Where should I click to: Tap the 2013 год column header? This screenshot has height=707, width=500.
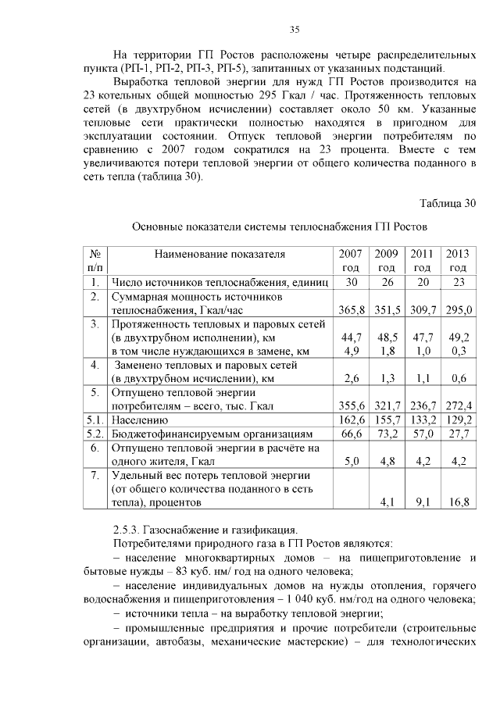pyautogui.click(x=458, y=260)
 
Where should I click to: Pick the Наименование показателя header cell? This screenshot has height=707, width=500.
pyautogui.click(x=220, y=254)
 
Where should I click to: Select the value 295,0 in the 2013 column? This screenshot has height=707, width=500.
pyautogui.click(x=458, y=311)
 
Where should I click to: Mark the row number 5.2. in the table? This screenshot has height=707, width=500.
pyautogui.click(x=95, y=434)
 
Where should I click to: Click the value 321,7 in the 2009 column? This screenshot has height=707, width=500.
pyautogui.click(x=387, y=406)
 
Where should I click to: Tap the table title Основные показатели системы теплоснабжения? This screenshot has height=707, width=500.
pyautogui.click(x=280, y=227)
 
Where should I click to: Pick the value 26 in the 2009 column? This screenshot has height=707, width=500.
pyautogui.click(x=387, y=282)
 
